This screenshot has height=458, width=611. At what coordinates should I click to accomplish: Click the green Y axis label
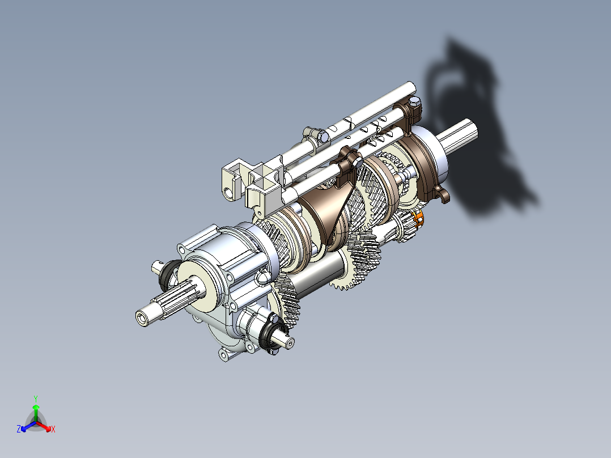(35, 398)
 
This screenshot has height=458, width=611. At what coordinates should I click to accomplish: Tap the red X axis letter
(53, 430)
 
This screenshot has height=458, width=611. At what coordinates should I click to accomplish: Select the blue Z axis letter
(19, 430)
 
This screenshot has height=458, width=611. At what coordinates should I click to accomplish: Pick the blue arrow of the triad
(26, 426)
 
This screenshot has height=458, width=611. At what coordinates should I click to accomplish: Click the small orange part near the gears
(419, 218)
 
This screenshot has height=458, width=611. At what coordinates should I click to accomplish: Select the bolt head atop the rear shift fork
(416, 101)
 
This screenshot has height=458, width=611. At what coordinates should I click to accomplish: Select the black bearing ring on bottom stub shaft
(271, 336)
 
